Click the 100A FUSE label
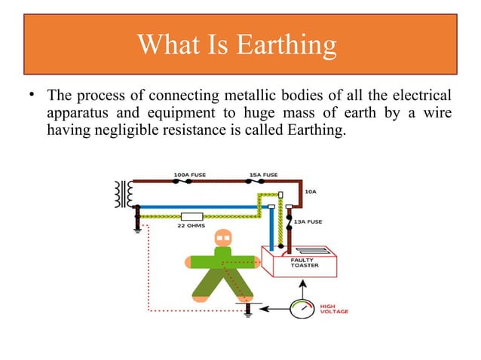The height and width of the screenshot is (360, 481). click(191, 175)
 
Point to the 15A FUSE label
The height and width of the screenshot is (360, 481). click(263, 175)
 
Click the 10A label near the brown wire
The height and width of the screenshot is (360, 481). click(310, 192)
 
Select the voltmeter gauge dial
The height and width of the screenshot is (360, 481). click(302, 308)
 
